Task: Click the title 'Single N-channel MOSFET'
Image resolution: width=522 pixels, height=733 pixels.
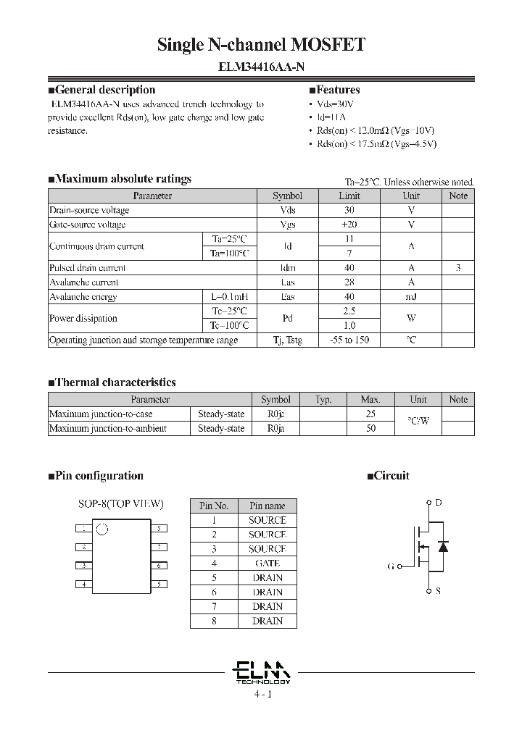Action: coord(261,45)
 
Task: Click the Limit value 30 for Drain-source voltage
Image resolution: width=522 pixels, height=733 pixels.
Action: coord(349,210)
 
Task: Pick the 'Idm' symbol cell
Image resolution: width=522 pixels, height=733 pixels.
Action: coord(288,268)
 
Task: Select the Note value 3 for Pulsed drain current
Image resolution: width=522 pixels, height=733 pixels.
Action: coord(458,268)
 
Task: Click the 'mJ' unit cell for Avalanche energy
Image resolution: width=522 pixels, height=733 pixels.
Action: coord(411,297)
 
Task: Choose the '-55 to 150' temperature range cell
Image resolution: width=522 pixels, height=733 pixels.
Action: coord(349,340)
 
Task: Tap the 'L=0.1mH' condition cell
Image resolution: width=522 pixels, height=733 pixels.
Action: coord(229,297)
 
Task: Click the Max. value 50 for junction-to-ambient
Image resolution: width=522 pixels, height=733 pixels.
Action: coord(370,428)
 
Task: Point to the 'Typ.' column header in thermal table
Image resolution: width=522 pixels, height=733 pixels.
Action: coord(323,399)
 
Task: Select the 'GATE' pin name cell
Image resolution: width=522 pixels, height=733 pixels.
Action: coord(268,563)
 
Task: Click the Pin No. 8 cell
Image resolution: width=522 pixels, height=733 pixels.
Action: coord(214,621)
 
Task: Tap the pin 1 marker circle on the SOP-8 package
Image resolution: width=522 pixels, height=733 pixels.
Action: coord(102,529)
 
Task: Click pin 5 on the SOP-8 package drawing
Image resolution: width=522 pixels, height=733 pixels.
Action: coord(159,584)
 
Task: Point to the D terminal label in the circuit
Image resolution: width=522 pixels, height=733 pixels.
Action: coord(438,503)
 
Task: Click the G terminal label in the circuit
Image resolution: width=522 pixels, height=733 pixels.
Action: coord(391,566)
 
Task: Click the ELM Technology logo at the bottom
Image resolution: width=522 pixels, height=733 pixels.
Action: coord(262,671)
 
